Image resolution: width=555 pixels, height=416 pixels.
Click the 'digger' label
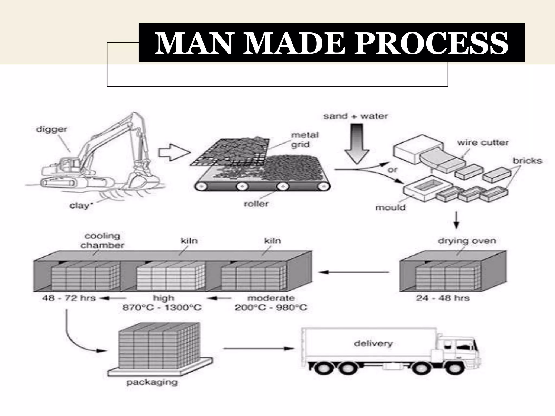pos(51,129)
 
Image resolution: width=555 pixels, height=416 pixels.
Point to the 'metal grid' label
pos(304,140)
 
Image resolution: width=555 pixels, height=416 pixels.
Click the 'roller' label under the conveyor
pos(256,204)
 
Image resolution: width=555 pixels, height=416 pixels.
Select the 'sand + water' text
pos(356,116)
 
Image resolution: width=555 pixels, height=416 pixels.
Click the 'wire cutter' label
pos(483,143)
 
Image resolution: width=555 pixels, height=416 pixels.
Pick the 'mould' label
pos(390,208)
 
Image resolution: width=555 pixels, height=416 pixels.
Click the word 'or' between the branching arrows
pos(392,170)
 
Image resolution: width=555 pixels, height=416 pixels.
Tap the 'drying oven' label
pos(467,241)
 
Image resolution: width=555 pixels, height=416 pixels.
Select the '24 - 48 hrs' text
pos(442,298)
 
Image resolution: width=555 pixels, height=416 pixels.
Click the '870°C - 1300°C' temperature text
pos(162,308)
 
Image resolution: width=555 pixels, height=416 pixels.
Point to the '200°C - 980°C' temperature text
pos(271,308)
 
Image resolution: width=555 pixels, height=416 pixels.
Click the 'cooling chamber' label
pos(102,241)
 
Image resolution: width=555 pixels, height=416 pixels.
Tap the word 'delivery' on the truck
pos(373,344)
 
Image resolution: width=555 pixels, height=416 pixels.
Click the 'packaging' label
pos(152,382)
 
